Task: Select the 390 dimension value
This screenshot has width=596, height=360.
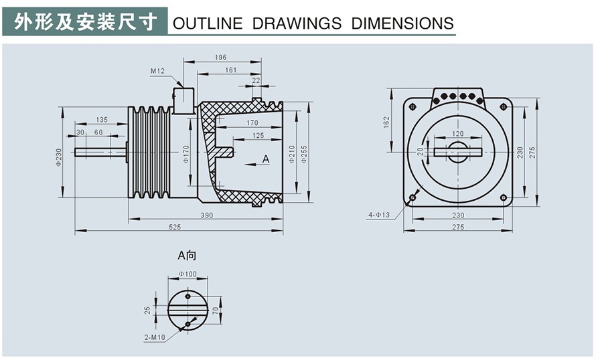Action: pos(207,214)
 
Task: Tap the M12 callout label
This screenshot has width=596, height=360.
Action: pos(157,70)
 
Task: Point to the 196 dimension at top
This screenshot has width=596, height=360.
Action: pos(221,58)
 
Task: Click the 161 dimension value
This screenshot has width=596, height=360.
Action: pos(230,70)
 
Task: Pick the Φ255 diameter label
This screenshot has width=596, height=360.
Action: pos(304,155)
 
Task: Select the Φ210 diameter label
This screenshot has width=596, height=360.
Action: pos(292,155)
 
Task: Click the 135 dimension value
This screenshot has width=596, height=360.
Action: pos(101,120)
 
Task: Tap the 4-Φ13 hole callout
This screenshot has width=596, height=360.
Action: pos(378,215)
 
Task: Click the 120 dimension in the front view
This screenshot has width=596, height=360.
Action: pos(457,134)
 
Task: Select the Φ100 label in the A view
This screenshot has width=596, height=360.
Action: pos(188,274)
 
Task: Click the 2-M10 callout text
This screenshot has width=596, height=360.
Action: pos(154,337)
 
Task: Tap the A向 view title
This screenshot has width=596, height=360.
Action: pos(187,255)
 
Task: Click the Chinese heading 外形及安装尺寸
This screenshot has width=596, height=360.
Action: pos(86,21)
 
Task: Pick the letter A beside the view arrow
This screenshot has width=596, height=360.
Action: pos(265,159)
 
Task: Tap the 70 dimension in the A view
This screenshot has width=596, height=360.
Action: pos(216,310)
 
